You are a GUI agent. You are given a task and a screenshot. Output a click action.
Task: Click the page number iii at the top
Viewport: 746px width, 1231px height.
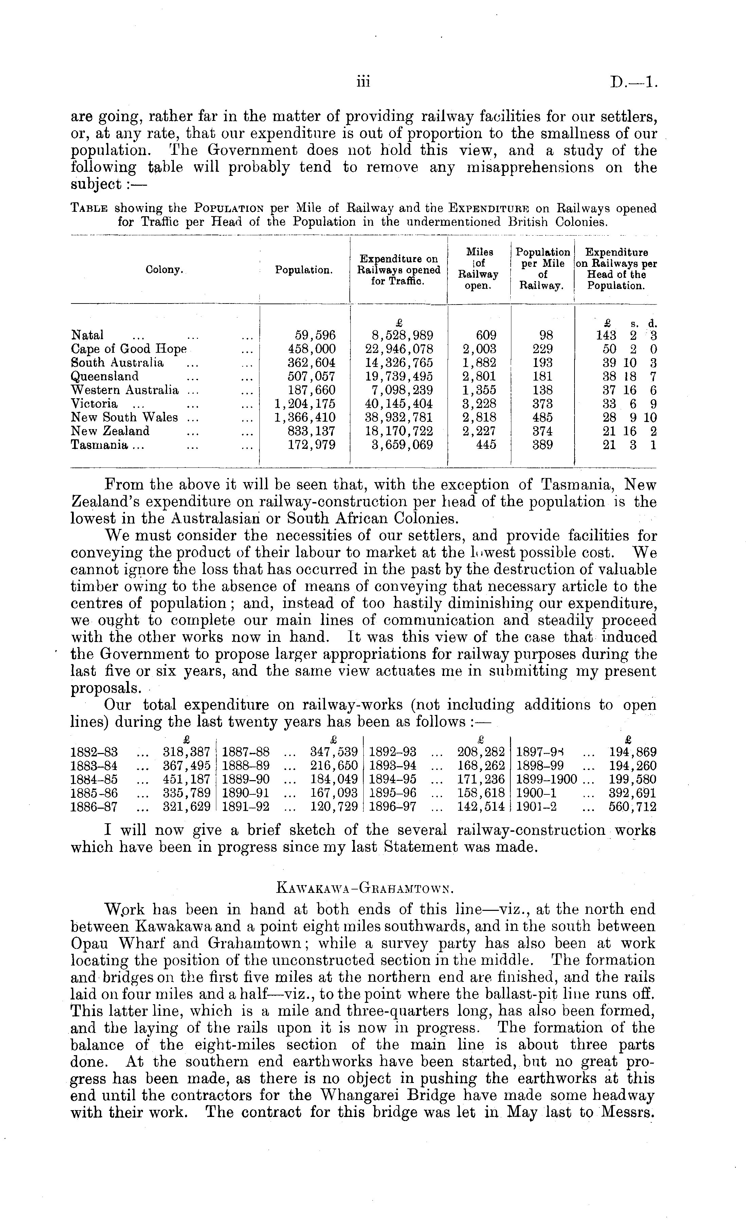tap(363, 82)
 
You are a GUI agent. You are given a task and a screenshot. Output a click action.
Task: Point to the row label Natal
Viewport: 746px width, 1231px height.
tap(88, 335)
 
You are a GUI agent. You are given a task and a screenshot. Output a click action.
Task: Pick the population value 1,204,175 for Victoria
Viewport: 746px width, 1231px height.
tap(305, 404)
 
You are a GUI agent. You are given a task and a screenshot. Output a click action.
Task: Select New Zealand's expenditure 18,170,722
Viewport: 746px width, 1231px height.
tap(399, 431)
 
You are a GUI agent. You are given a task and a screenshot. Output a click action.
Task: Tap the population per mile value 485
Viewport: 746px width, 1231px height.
tap(542, 417)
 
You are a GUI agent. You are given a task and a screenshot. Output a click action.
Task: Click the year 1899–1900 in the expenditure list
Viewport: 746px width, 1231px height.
tap(547, 779)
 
